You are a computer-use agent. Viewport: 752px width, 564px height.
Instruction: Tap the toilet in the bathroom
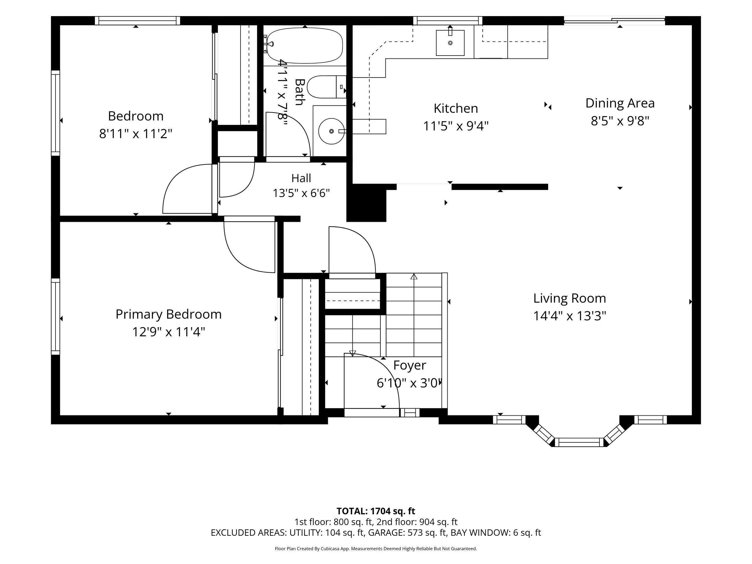pos(326,87)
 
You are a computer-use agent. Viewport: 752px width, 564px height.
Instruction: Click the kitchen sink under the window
pos(450,43)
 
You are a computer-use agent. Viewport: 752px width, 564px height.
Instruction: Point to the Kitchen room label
pos(456,108)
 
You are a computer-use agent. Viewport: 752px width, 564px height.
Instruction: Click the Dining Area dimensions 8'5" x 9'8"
pos(620,121)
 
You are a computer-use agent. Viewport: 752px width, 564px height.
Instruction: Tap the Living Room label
pos(570,298)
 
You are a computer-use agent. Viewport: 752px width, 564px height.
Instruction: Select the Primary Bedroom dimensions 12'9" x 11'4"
pos(168,331)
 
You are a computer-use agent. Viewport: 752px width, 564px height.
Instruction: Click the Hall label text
pos(301,178)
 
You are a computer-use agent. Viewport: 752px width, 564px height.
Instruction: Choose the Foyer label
pos(409,365)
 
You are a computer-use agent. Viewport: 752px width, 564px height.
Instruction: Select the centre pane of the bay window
pos(579,442)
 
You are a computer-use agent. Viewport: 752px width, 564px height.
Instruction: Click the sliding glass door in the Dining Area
pos(614,21)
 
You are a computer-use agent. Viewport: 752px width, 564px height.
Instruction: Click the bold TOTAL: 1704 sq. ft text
pos(376,511)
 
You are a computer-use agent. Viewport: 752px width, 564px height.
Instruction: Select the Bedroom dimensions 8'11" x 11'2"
pos(136,134)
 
